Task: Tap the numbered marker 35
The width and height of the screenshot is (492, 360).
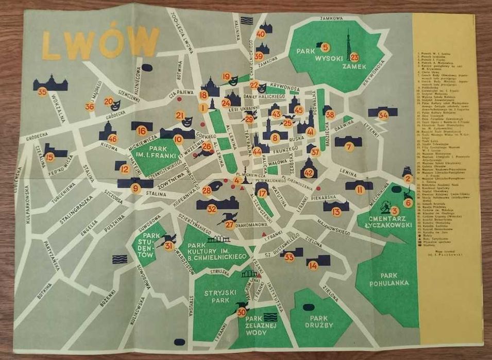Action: pyautogui.click(x=42, y=92)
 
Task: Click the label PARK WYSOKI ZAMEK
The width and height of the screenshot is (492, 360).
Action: pyautogui.click(x=322, y=59)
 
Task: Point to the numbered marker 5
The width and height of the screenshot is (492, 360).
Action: pyautogui.click(x=325, y=47)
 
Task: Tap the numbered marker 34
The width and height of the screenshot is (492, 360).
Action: pyautogui.click(x=383, y=115)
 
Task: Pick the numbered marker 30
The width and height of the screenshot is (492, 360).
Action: pyautogui.click(x=242, y=312)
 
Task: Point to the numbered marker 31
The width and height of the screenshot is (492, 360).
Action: pyautogui.click(x=168, y=246)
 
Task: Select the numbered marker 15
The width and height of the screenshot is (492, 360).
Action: pyautogui.click(x=49, y=158)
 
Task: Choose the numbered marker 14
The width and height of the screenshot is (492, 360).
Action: pyautogui.click(x=313, y=266)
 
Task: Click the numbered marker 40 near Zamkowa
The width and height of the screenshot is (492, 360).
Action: pyautogui.click(x=261, y=34)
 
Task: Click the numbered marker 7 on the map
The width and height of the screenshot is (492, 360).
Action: pyautogui.click(x=349, y=147)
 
